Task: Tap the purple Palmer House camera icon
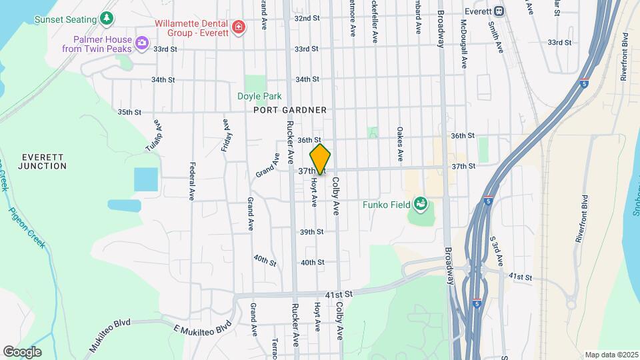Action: (x=141, y=44)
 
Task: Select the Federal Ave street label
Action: (x=191, y=181)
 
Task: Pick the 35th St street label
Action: (x=130, y=112)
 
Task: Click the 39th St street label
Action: (x=311, y=232)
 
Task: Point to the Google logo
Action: (x=22, y=351)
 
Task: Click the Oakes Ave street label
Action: (x=399, y=144)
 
